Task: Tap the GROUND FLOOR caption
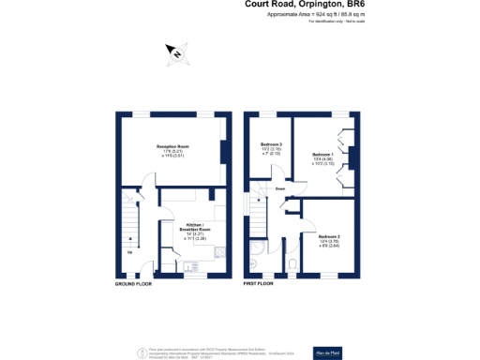pyautogui.click(x=132, y=282)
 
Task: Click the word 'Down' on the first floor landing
pyautogui.click(x=280, y=188)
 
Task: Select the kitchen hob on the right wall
pyautogui.click(x=218, y=250)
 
